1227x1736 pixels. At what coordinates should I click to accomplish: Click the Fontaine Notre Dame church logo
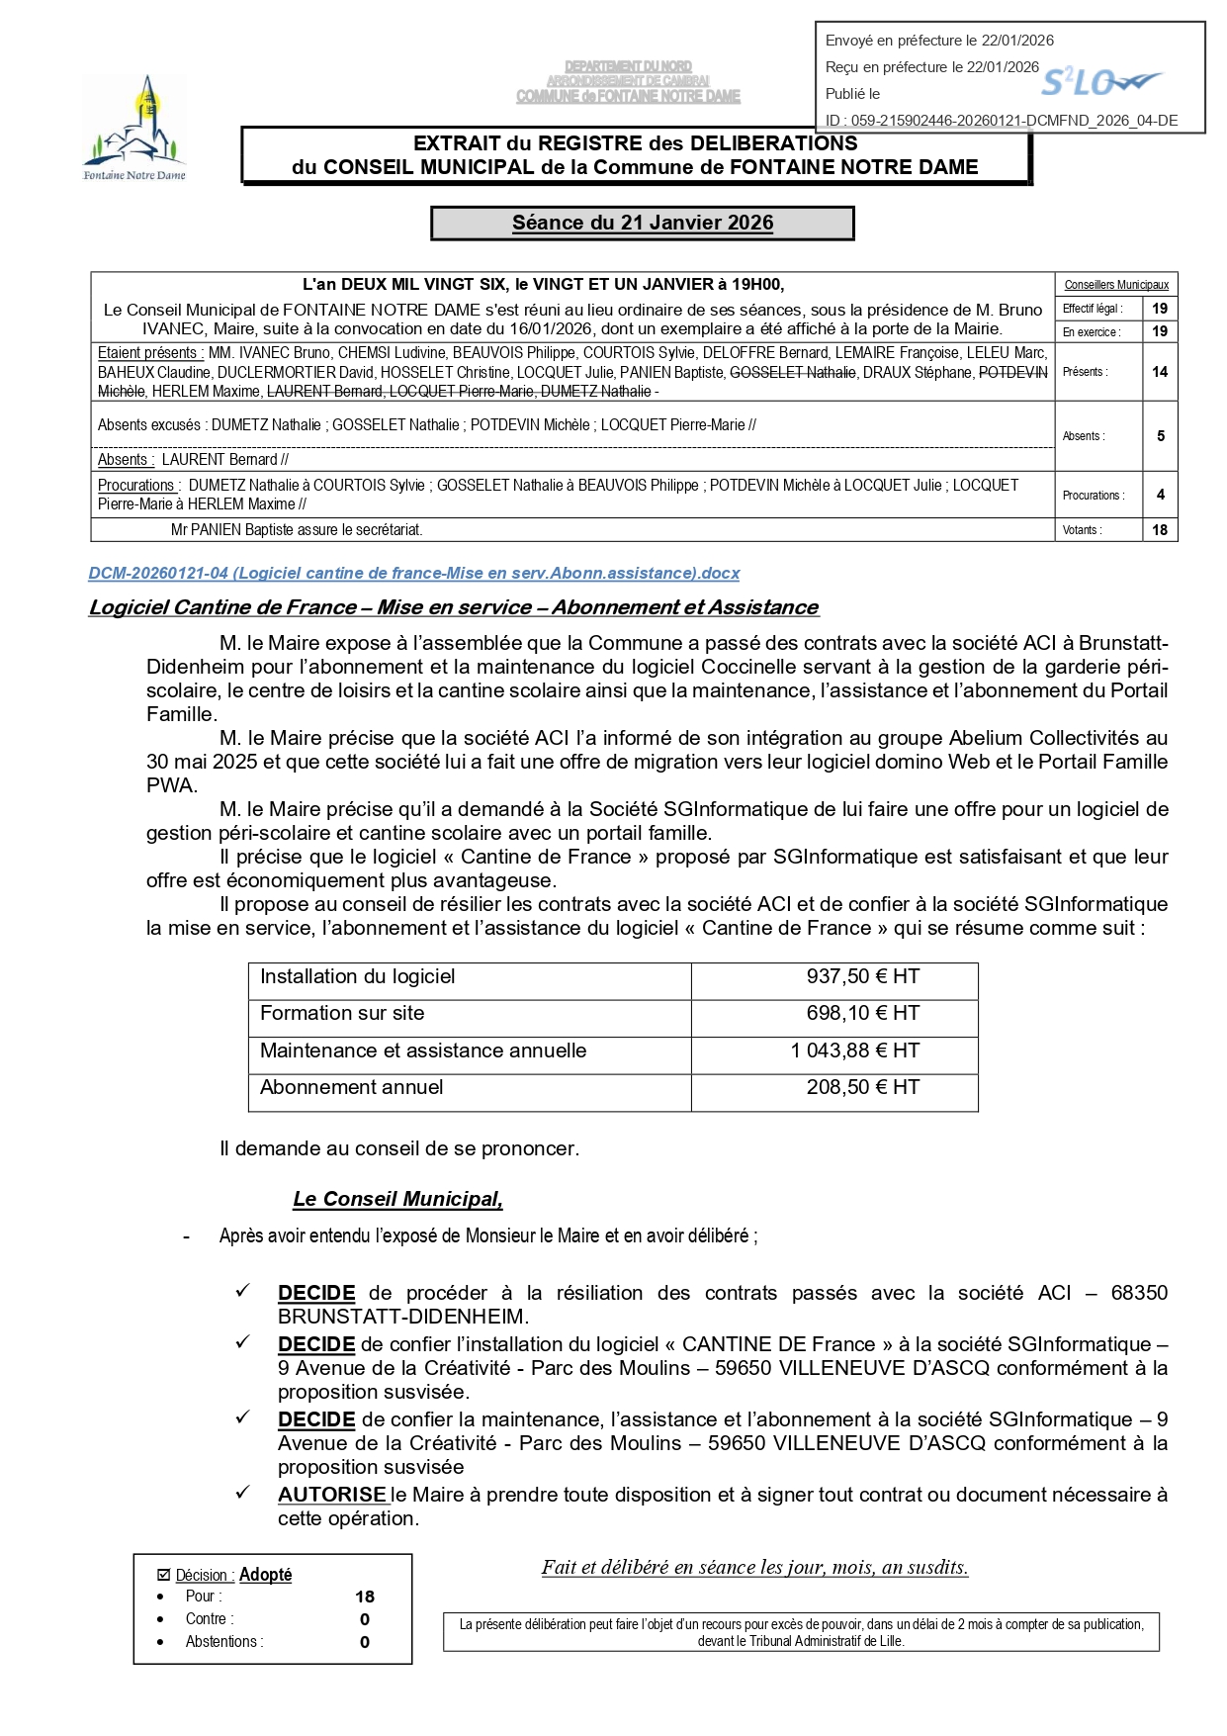click(x=134, y=127)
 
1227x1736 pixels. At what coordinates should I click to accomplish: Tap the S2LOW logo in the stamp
click(x=1100, y=82)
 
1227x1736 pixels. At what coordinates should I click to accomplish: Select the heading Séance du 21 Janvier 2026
click(x=643, y=224)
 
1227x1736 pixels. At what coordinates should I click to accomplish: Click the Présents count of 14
click(x=1160, y=372)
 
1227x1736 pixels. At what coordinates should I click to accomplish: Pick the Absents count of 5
click(x=1160, y=436)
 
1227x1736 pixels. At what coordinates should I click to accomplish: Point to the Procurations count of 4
click(x=1160, y=495)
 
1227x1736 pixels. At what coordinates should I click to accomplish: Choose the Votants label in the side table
click(x=1083, y=530)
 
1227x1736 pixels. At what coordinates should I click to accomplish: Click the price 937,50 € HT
click(x=862, y=977)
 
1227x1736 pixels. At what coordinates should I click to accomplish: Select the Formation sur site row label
click(x=342, y=1014)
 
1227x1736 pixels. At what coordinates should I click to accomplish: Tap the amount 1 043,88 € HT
click(x=854, y=1051)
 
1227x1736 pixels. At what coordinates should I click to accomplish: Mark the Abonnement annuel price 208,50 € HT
click(x=862, y=1088)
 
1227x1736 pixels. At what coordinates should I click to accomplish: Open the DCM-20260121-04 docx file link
click(x=413, y=574)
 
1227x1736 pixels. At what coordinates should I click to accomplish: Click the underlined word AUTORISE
click(x=331, y=1496)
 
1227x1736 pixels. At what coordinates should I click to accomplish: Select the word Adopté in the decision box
click(x=265, y=1575)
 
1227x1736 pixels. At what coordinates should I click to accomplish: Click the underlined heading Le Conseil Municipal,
click(x=397, y=1200)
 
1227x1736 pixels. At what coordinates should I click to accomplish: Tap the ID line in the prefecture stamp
click(x=1001, y=121)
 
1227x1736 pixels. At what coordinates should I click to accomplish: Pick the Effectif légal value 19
click(x=1160, y=309)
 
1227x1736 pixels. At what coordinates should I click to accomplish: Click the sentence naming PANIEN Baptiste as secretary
click(x=297, y=530)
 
